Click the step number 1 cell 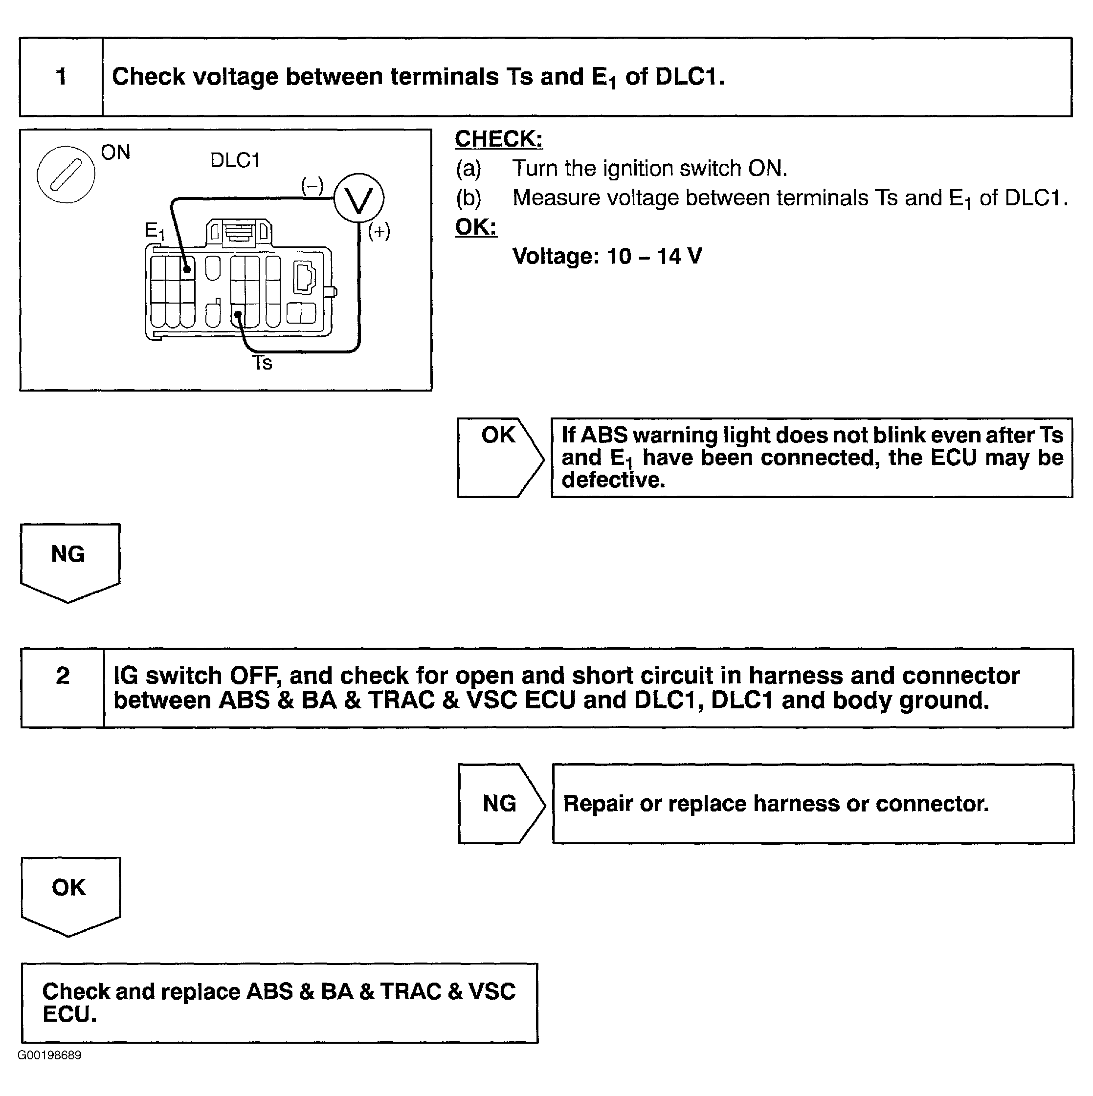click(x=61, y=77)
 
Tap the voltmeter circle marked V click(x=358, y=198)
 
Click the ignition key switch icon click(x=66, y=174)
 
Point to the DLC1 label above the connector click(x=235, y=160)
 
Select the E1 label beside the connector click(x=155, y=231)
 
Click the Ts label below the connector click(x=262, y=363)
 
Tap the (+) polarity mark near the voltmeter click(x=379, y=231)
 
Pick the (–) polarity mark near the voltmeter click(x=312, y=185)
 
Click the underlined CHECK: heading click(x=499, y=139)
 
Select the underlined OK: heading click(x=475, y=227)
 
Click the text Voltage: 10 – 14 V click(x=607, y=257)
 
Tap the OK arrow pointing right click(x=500, y=457)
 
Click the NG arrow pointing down click(x=69, y=562)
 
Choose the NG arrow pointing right click(x=501, y=803)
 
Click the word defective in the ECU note click(x=613, y=481)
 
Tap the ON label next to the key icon click(x=116, y=152)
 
